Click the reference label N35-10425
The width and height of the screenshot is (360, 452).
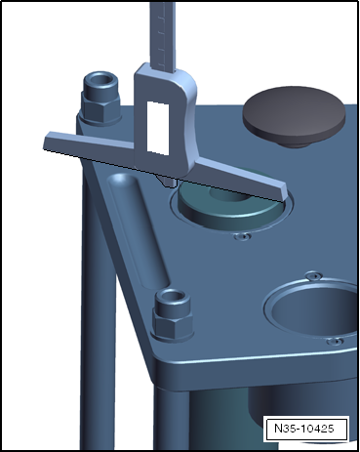(303, 429)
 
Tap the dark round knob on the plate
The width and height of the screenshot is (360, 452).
(294, 116)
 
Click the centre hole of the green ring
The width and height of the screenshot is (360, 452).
(228, 194)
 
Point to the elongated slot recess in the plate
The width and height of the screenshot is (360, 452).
(138, 230)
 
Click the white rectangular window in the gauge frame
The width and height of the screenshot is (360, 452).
(158, 128)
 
